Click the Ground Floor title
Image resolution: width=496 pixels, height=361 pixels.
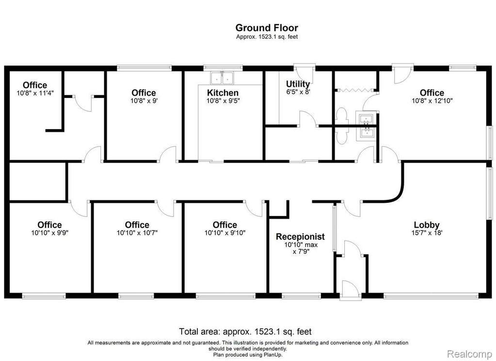pyautogui.click(x=267, y=28)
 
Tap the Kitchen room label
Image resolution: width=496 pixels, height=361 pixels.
pyautogui.click(x=223, y=93)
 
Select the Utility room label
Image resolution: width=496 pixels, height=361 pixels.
pyautogui.click(x=298, y=84)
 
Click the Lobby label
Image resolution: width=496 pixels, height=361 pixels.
pyautogui.click(x=427, y=225)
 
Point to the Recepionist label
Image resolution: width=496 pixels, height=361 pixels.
pyautogui.click(x=300, y=237)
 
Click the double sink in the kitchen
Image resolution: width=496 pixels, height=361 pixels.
pyautogui.click(x=223, y=78)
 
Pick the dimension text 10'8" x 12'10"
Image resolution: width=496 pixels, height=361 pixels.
pyautogui.click(x=432, y=101)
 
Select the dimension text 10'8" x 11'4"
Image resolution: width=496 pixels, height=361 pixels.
pyautogui.click(x=35, y=93)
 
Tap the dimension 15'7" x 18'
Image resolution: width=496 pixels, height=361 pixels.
pyautogui.click(x=427, y=233)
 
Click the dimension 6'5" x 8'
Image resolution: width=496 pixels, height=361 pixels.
pyautogui.click(x=298, y=92)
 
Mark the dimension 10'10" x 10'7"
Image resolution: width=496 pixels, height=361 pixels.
pyautogui.click(x=137, y=233)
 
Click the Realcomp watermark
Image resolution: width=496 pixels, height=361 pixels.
pyautogui.click(x=469, y=353)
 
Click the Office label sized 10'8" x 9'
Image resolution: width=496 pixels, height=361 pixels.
pyautogui.click(x=144, y=93)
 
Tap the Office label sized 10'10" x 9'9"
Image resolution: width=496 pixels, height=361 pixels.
pyautogui.click(x=49, y=225)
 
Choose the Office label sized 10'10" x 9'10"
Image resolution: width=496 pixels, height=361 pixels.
pyautogui.click(x=225, y=225)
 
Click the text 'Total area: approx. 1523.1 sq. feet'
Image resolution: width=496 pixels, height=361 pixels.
pyautogui.click(x=245, y=331)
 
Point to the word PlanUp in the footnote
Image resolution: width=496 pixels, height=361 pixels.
pyautogui.click(x=273, y=355)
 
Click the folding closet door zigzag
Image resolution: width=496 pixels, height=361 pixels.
pyautogui.click(x=355, y=90)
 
